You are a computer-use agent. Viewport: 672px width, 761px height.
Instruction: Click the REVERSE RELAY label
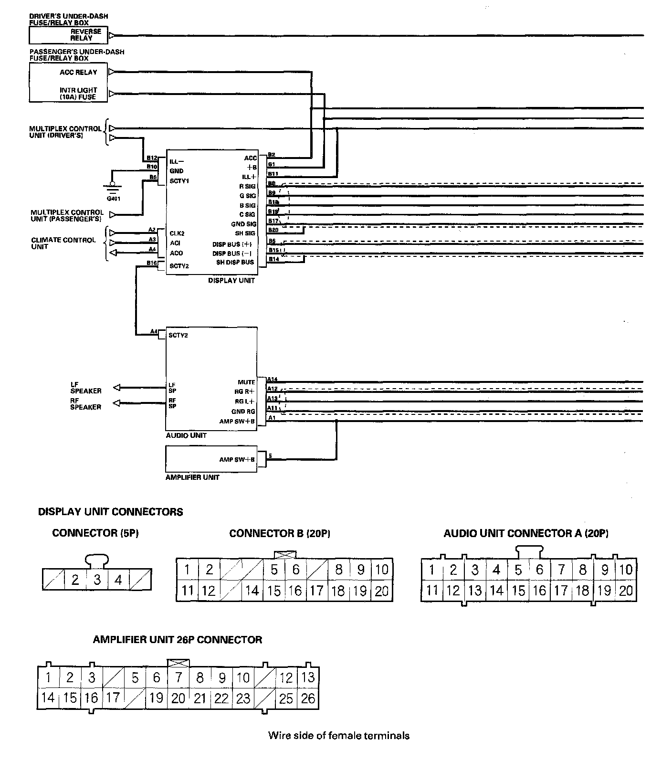tap(86, 34)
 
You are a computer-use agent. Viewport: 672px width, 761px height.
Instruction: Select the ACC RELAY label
tap(78, 73)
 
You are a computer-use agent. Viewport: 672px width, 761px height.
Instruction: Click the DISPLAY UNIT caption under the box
tap(231, 281)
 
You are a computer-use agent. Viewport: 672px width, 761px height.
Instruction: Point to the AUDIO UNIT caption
tap(186, 435)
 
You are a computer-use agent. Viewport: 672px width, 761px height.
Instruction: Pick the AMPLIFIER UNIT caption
tap(192, 477)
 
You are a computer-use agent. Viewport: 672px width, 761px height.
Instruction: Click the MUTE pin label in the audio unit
tap(246, 382)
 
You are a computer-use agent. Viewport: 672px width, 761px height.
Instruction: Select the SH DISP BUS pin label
tap(235, 263)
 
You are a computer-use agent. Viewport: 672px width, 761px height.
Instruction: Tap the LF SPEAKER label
tap(86, 387)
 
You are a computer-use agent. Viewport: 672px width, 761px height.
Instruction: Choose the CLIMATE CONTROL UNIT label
tap(63, 243)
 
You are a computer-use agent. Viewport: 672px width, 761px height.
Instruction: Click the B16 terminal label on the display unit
tap(152, 263)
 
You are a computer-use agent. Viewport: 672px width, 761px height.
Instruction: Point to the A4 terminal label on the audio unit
tap(154, 331)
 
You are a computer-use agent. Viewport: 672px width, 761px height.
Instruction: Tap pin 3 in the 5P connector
tap(97, 580)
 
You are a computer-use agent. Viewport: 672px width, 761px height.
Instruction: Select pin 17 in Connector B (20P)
tap(316, 591)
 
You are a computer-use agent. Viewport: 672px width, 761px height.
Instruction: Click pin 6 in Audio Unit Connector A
tap(539, 570)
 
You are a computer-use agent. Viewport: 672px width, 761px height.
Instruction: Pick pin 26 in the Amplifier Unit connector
tap(308, 698)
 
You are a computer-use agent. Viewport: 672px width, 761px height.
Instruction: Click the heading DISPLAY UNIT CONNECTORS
tap(110, 512)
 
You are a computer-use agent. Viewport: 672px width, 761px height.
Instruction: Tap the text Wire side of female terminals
tap(338, 735)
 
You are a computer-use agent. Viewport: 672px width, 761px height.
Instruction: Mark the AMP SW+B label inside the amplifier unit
tap(237, 459)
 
